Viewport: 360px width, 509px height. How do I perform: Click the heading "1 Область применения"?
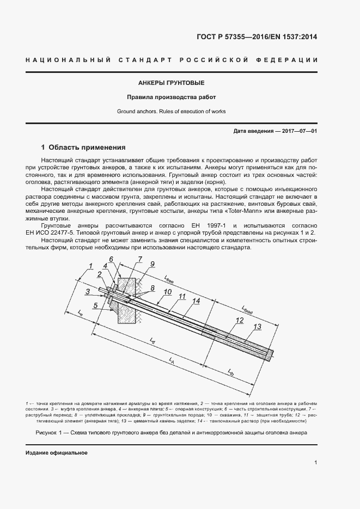(84, 148)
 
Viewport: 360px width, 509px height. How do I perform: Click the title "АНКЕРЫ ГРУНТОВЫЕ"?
(171, 83)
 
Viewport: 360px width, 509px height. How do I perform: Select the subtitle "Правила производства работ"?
(171, 97)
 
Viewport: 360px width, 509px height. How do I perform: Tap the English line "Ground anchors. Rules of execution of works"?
(171, 111)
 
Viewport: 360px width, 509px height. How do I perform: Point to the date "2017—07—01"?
(298, 131)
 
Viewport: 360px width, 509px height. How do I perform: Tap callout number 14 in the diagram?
(196, 301)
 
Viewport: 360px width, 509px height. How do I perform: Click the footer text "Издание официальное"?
(57, 453)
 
